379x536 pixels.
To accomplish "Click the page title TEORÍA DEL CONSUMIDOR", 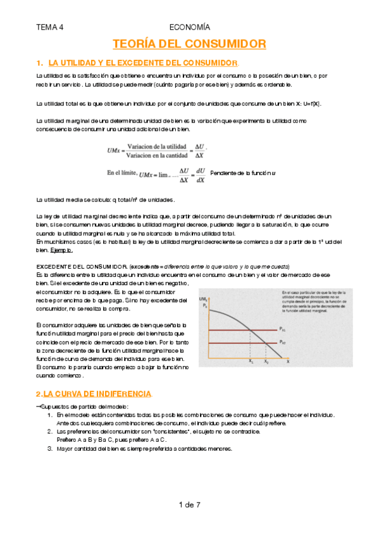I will (189, 44).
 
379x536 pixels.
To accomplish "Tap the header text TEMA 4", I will (50, 27).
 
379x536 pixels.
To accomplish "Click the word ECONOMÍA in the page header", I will (190, 27).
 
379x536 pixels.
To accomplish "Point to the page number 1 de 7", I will (190, 504).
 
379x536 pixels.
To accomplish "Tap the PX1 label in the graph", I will (282, 329).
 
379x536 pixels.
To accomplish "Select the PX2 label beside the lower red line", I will (282, 343).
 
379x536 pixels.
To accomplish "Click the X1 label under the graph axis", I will (251, 362).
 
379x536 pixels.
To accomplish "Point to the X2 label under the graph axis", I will (266, 362).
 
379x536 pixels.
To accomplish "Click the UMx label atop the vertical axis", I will (204, 298).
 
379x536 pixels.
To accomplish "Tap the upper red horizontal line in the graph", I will (240, 330).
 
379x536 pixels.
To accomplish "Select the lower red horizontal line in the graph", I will (240, 343).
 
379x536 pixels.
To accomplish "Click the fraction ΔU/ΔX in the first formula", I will (199, 151).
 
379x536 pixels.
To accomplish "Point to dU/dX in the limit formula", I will (201, 175).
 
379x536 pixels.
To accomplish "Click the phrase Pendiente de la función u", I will (244, 173).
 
